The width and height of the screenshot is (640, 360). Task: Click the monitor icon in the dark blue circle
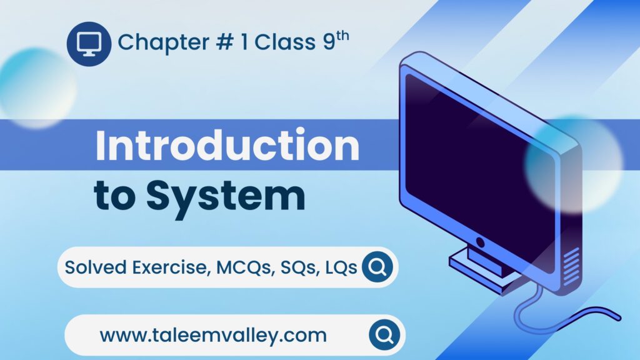pos(89,43)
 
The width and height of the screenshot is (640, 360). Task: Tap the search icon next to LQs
pos(377,267)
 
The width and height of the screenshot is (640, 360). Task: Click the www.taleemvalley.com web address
pos(213,336)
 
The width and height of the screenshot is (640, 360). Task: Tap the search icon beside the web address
pos(384,336)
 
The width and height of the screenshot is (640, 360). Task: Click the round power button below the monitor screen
pos(480,242)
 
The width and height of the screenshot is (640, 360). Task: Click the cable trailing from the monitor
pos(562,312)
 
